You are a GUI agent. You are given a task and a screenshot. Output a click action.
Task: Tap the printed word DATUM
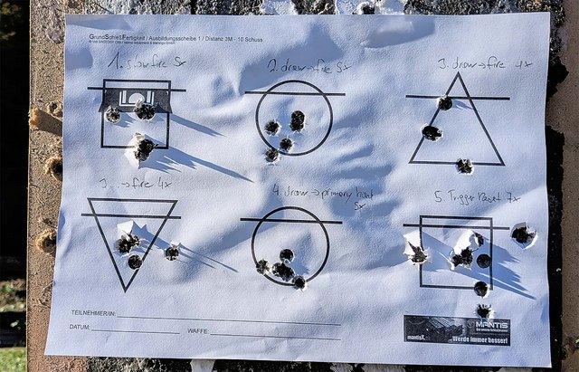tap(79, 327)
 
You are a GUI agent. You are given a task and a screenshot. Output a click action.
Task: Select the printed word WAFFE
tap(198, 331)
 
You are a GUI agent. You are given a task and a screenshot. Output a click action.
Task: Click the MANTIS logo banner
tap(457, 329)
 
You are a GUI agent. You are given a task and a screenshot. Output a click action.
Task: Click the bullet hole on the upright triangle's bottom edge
tap(464, 166)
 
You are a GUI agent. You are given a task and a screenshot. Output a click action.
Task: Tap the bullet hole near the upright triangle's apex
tap(445, 103)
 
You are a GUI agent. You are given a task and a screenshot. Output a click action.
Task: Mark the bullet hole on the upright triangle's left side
tap(432, 133)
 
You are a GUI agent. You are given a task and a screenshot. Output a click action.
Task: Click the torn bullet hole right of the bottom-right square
tap(521, 234)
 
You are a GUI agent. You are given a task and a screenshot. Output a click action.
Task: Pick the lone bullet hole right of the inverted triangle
tap(172, 253)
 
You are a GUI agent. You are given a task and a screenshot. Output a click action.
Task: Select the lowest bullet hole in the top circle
tap(271, 155)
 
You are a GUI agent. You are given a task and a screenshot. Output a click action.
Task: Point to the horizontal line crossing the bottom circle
tap(290, 220)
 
